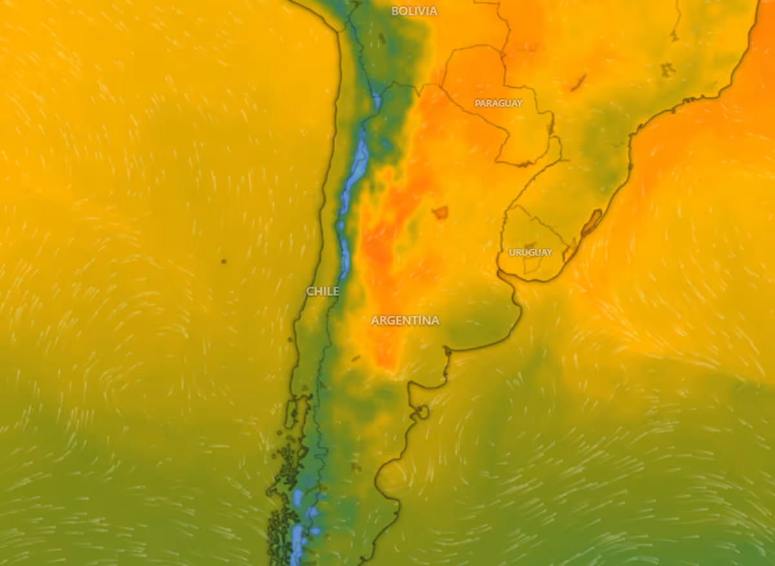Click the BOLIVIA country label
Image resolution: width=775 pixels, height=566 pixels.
(414, 11)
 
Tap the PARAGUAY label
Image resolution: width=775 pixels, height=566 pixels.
(498, 103)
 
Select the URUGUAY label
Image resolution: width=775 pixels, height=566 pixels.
(530, 252)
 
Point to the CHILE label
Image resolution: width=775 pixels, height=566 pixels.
(322, 291)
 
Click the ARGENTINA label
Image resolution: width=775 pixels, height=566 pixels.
(405, 320)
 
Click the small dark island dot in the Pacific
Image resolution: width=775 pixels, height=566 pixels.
(223, 261)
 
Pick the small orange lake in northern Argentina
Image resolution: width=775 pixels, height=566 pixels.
(440, 212)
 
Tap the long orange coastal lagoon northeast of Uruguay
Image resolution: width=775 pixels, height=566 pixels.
(592, 222)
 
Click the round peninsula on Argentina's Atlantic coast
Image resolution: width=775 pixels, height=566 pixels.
(422, 411)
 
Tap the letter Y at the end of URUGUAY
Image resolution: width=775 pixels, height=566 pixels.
(549, 252)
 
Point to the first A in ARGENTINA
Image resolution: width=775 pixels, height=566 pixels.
(375, 320)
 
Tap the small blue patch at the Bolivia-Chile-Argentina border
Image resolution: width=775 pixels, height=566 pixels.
(377, 101)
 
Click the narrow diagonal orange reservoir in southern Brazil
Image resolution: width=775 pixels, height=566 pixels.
(578, 83)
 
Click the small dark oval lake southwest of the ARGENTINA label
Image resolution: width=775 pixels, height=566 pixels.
(356, 357)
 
